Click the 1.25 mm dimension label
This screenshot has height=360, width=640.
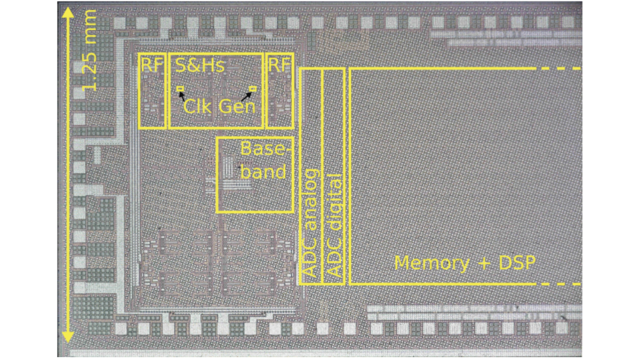tap(90, 51)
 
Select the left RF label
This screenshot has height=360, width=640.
tap(152, 65)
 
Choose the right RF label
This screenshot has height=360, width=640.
tap(279, 65)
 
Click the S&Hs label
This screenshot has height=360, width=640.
tap(200, 65)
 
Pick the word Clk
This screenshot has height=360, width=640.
tap(197, 107)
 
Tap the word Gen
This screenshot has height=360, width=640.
tap(237, 107)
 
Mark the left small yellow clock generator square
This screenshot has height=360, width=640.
tap(180, 89)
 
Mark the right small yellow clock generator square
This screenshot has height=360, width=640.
tap(253, 89)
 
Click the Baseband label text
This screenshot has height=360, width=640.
tap(264, 161)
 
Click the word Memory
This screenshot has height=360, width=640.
tap(431, 263)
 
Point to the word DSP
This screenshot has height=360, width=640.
tap(515, 263)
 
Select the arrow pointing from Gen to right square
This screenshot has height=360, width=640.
tap(245, 96)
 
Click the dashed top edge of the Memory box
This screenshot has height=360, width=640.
tap(561, 69)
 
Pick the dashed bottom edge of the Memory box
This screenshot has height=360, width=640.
tap(561, 283)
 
